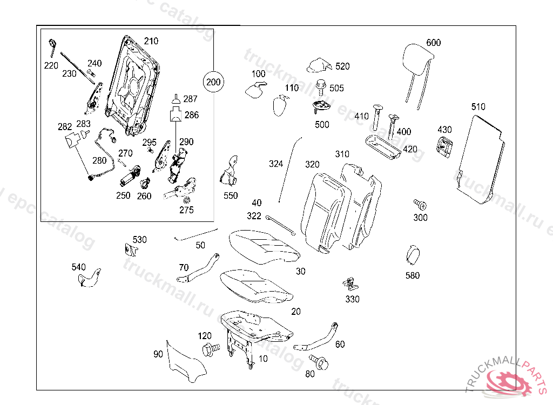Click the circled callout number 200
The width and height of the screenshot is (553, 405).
(x=214, y=82)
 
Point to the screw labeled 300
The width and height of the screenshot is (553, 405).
(x=420, y=205)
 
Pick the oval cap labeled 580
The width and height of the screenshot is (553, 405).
(x=413, y=255)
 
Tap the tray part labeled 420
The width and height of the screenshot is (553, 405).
(x=381, y=147)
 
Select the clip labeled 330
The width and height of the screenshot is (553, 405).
(x=352, y=283)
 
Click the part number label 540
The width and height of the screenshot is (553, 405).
(x=79, y=267)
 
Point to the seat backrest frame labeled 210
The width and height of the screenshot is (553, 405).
(x=132, y=84)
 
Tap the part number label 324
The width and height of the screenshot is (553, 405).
(x=276, y=164)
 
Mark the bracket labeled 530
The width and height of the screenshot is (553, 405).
(x=131, y=249)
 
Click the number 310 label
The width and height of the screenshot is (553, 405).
(x=342, y=154)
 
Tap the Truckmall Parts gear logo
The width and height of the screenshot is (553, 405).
(x=508, y=384)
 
